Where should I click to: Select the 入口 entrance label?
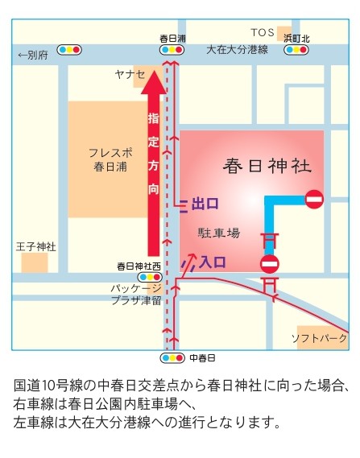213,262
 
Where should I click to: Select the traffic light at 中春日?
172,357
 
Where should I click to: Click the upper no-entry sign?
314,199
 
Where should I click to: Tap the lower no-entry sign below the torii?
270,263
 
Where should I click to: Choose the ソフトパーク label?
319,337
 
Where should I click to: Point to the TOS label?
263,32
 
